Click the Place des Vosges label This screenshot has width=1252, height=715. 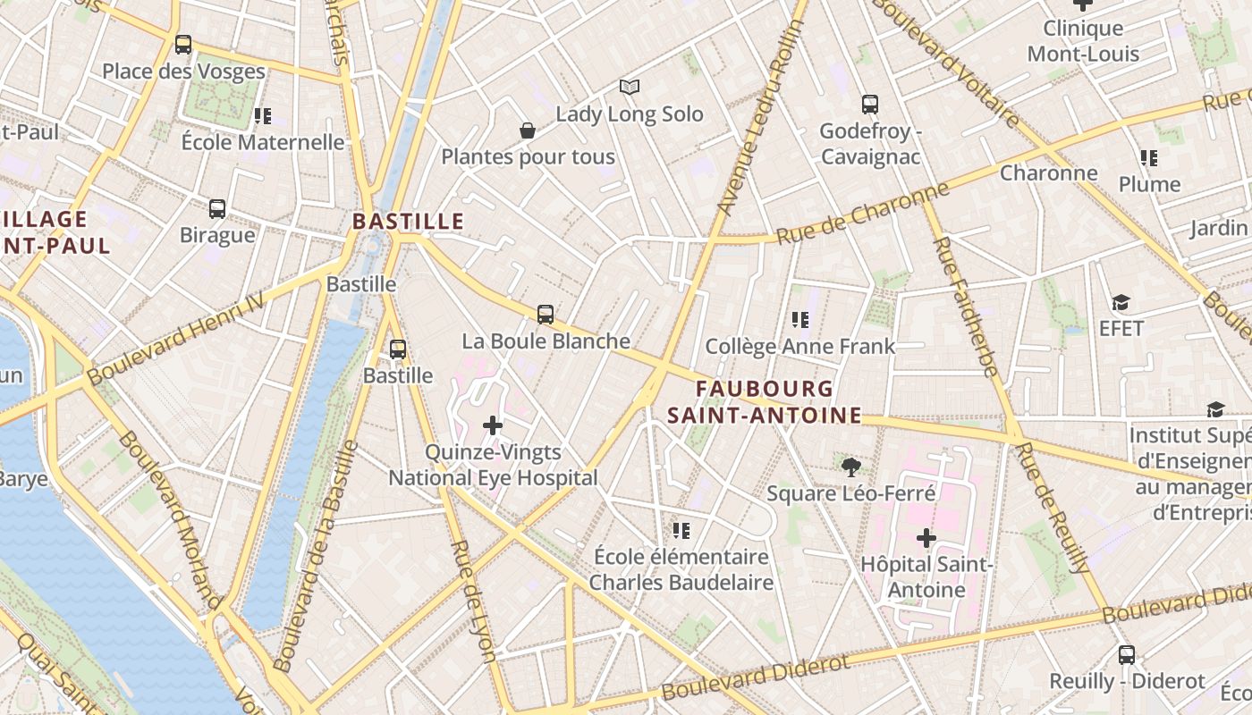point(183,71)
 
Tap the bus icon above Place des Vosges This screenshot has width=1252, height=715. point(183,44)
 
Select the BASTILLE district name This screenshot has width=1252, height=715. point(408,221)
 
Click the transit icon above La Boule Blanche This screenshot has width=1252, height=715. point(546,315)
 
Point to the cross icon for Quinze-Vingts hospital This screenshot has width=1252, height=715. point(493,425)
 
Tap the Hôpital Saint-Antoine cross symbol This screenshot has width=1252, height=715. point(926,538)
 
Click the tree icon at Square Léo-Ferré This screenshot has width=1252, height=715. point(851,467)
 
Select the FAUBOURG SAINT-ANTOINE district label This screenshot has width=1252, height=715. point(765,402)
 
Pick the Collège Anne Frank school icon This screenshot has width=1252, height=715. point(800,319)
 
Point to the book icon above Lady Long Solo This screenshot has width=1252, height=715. point(630,87)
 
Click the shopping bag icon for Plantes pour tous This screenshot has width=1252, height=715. point(528,130)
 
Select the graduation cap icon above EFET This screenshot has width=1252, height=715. point(1121,302)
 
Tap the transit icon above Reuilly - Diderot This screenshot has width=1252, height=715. point(1127,654)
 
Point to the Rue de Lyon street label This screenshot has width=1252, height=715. point(473,601)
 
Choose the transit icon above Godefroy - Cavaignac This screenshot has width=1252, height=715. point(870,104)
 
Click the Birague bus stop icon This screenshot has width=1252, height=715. point(217,209)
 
